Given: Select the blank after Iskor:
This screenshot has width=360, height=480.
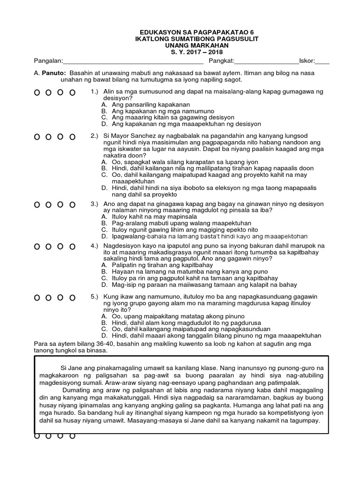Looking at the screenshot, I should pyautogui.click(x=323, y=61).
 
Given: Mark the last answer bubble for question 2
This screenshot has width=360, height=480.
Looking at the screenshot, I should pyautogui.click(x=72, y=137).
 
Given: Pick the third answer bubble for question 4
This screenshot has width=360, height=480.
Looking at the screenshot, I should pyautogui.click(x=60, y=247).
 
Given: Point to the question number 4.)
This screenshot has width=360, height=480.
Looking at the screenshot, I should pyautogui.click(x=94, y=246).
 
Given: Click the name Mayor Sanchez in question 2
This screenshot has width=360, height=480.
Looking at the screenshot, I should pyautogui.click(x=128, y=136).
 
